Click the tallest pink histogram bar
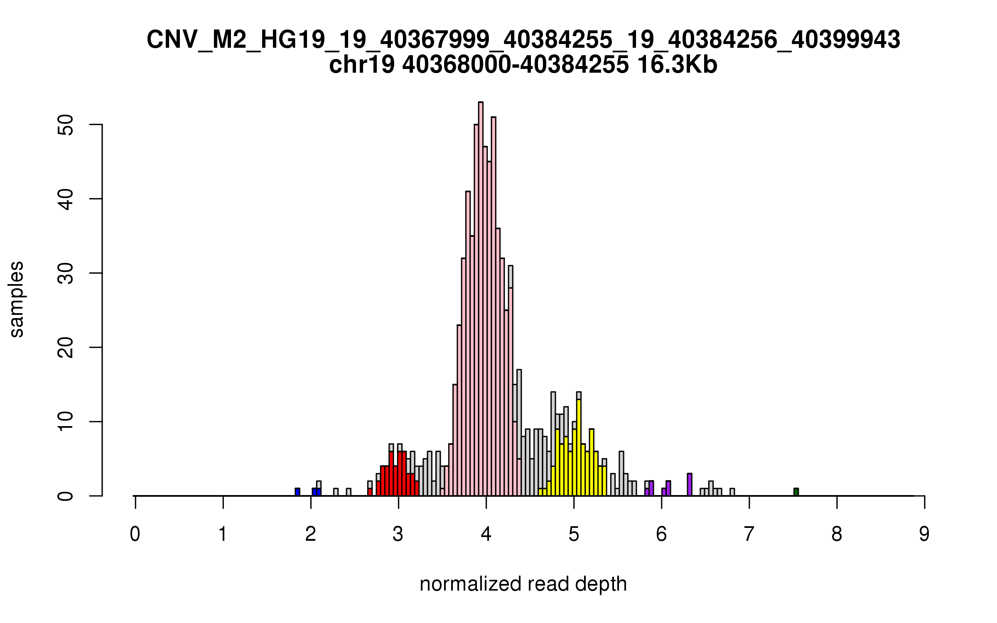point(481,299)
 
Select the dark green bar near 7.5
point(796,492)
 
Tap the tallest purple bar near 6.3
point(690,485)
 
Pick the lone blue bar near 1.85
point(297,492)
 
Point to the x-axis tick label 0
point(135,534)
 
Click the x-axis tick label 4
point(486,534)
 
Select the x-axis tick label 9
point(924,534)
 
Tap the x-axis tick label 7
point(749,534)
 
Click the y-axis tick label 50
point(66,125)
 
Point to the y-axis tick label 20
point(66,347)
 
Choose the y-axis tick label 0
point(66,495)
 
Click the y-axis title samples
point(17,299)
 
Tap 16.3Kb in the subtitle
point(677,65)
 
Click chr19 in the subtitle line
point(361,65)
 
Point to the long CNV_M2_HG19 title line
point(523,40)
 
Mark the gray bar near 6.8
point(732,492)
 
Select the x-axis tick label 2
point(310,534)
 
